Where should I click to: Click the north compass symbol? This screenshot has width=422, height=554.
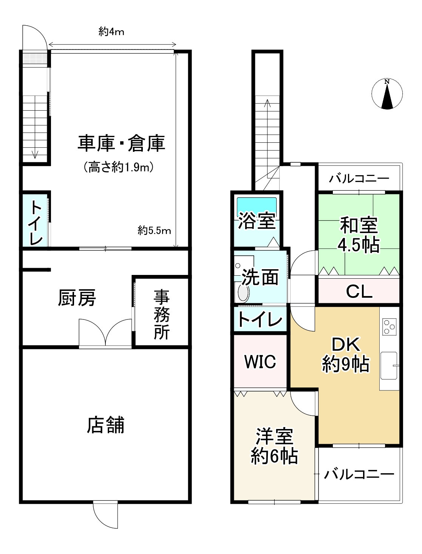(387, 94)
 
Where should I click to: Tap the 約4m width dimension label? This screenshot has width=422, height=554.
(111, 32)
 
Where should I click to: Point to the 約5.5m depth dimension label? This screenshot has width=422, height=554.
(154, 230)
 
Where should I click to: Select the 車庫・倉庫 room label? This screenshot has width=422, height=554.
(121, 144)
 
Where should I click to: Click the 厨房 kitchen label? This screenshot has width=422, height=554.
(77, 298)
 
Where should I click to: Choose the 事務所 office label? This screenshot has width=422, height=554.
(161, 315)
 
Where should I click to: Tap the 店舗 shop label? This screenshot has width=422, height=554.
(105, 425)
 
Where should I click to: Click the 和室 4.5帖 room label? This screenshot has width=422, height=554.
(359, 235)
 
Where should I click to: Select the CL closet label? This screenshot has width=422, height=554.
(359, 292)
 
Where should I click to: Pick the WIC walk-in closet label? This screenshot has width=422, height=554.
(260, 362)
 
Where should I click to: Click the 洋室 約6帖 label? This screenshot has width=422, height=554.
(274, 446)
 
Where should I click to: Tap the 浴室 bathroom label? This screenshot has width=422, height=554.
(257, 221)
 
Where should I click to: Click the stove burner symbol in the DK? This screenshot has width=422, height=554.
(389, 327)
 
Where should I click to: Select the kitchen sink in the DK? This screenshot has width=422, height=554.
(389, 366)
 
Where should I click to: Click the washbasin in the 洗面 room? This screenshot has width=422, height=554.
(243, 293)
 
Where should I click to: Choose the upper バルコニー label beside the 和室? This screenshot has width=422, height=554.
(359, 178)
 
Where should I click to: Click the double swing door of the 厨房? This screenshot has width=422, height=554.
(105, 332)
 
